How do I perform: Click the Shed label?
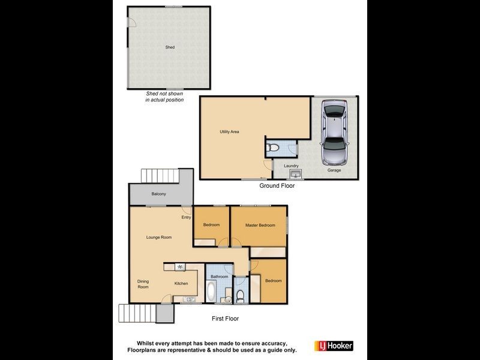170,47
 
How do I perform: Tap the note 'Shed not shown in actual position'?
164,97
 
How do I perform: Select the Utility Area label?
230,131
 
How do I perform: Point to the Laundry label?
291,166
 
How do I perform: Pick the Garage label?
334,170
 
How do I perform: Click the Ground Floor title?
277,186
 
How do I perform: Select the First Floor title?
226,319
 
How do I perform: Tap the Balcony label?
158,194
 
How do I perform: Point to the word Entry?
186,217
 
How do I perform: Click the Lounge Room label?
159,237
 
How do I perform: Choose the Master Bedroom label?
260,225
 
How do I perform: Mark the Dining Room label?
143,284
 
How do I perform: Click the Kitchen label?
181,283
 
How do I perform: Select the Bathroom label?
219,277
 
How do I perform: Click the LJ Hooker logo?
334,346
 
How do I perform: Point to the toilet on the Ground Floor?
272,146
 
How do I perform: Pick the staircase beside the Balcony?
161,176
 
